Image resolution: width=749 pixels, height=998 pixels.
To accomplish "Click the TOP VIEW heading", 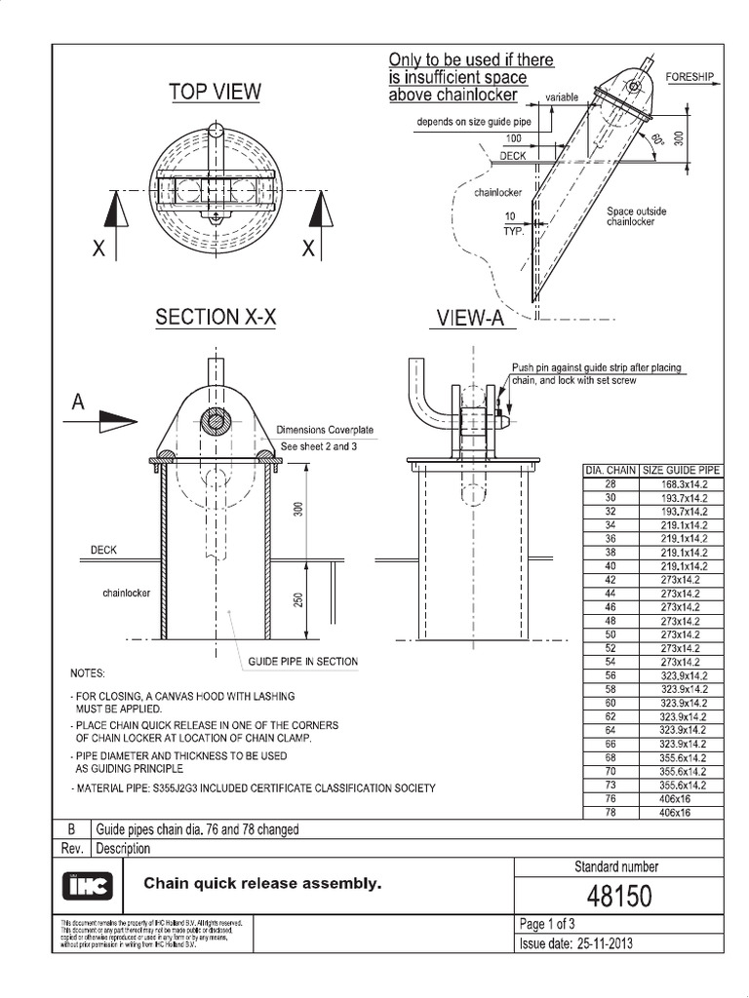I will [216, 93].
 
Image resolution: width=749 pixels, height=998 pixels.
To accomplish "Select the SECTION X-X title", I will [216, 318].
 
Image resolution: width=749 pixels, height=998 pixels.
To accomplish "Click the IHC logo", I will [88, 885].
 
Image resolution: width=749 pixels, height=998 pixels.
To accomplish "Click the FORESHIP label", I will [689, 76].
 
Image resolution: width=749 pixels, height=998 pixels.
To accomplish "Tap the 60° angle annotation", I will [659, 140].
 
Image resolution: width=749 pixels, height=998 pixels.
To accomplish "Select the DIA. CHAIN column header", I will [610, 470].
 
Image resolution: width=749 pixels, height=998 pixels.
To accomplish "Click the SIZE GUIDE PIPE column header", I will [682, 470].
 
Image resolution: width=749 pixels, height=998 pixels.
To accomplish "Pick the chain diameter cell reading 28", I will [611, 483].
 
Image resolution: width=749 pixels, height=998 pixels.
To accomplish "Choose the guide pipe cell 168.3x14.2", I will [682, 483].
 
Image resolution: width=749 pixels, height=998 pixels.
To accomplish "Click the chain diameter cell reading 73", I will [611, 785].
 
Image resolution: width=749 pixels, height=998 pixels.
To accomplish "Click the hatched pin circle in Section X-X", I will [215, 421].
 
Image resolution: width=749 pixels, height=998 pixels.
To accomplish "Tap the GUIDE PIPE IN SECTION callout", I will [302, 662].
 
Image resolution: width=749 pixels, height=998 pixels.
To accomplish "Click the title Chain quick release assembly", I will [262, 884].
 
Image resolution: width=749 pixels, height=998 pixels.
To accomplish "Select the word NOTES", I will [91, 673].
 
